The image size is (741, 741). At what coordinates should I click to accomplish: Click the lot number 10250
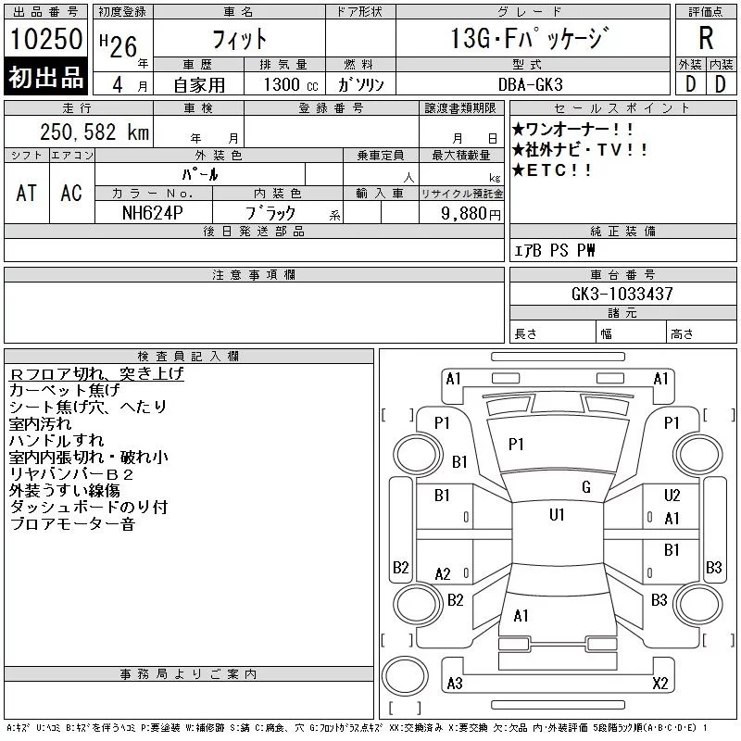(x=46, y=40)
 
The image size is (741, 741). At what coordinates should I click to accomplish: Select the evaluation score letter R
(x=706, y=38)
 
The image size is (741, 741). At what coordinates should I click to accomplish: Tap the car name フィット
(x=239, y=39)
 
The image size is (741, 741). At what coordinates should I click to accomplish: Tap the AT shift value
(x=27, y=193)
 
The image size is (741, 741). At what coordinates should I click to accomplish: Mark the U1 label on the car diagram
(x=557, y=515)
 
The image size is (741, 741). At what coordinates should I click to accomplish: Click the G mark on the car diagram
(x=585, y=487)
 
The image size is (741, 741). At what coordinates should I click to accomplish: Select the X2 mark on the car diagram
(x=660, y=684)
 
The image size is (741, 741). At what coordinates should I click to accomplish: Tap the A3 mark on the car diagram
(x=454, y=684)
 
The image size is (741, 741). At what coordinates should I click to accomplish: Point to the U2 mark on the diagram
(x=672, y=496)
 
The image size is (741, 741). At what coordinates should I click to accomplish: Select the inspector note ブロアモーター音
(x=72, y=524)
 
